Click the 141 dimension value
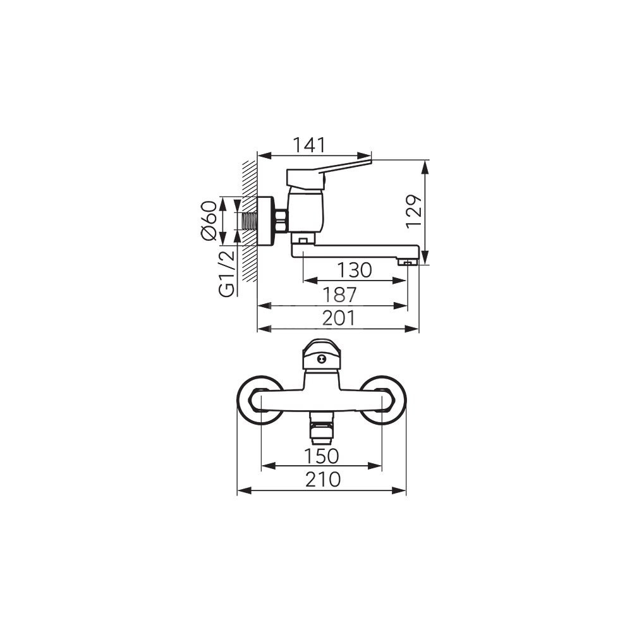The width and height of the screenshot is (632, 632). [x=308, y=145]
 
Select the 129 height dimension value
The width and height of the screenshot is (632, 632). [x=414, y=212]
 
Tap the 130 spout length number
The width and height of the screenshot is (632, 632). [x=355, y=270]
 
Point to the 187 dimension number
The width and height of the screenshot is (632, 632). [x=339, y=295]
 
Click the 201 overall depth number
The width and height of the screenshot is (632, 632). [x=339, y=318]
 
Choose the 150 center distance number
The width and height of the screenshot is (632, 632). [x=321, y=456]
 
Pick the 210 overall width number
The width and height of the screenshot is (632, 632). [x=322, y=480]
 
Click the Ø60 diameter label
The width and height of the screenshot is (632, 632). [x=209, y=221]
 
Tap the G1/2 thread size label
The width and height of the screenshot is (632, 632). [x=226, y=273]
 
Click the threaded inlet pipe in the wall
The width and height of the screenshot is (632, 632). [x=250, y=221]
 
